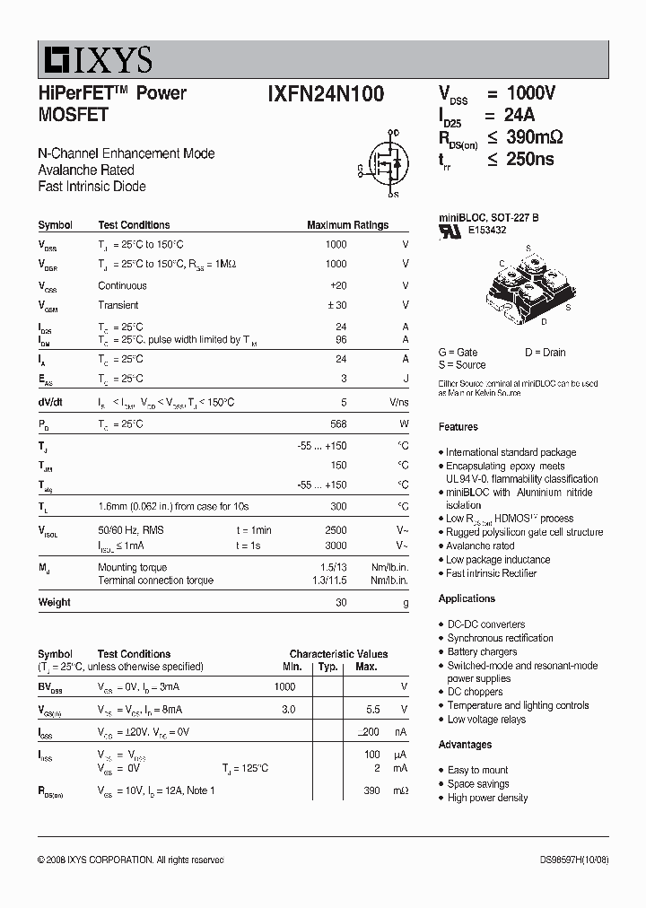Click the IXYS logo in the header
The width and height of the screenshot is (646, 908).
coord(95,59)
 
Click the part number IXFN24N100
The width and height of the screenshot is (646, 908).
coord(325,94)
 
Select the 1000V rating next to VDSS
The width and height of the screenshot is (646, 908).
coord(531,93)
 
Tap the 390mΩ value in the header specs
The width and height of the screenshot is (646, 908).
coord(535,137)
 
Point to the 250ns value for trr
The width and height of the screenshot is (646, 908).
coord(530,160)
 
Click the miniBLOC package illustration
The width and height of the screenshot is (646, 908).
coord(527,286)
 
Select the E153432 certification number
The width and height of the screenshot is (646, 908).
coord(486,230)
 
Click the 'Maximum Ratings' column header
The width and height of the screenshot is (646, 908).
coord(347,225)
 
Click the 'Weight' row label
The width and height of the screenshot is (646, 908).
coord(54,602)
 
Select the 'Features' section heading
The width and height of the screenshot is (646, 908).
coord(458,427)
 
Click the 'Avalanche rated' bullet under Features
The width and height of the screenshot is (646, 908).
coord(480,546)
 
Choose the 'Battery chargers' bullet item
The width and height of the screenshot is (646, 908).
coord(482,651)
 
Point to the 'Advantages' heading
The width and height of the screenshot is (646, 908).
coord(465,745)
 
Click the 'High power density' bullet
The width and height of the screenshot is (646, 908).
coord(487,798)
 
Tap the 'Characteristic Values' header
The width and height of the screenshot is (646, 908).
coord(338,654)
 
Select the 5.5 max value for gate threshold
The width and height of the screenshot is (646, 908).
coord(373,709)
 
